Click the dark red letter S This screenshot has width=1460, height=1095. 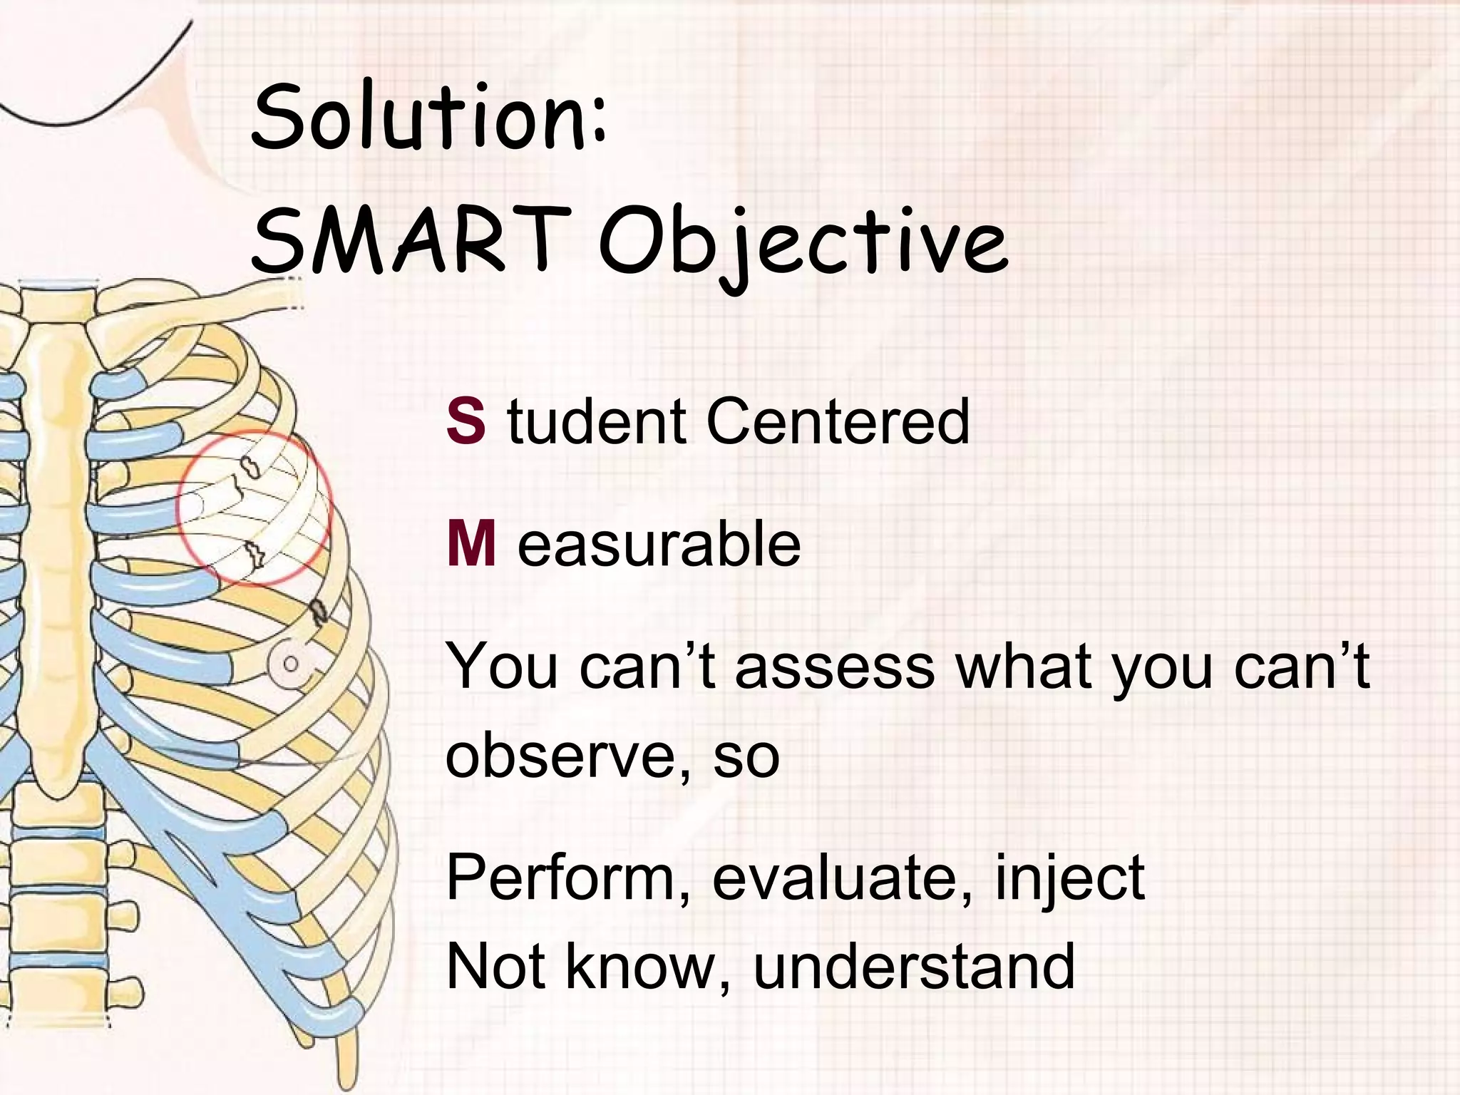coord(466,422)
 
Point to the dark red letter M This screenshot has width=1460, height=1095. coord(471,545)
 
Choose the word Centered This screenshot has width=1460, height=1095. coord(838,422)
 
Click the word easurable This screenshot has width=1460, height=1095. coord(659,545)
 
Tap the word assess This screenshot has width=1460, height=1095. coord(834,667)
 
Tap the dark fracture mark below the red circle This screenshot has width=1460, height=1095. coord(319,612)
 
